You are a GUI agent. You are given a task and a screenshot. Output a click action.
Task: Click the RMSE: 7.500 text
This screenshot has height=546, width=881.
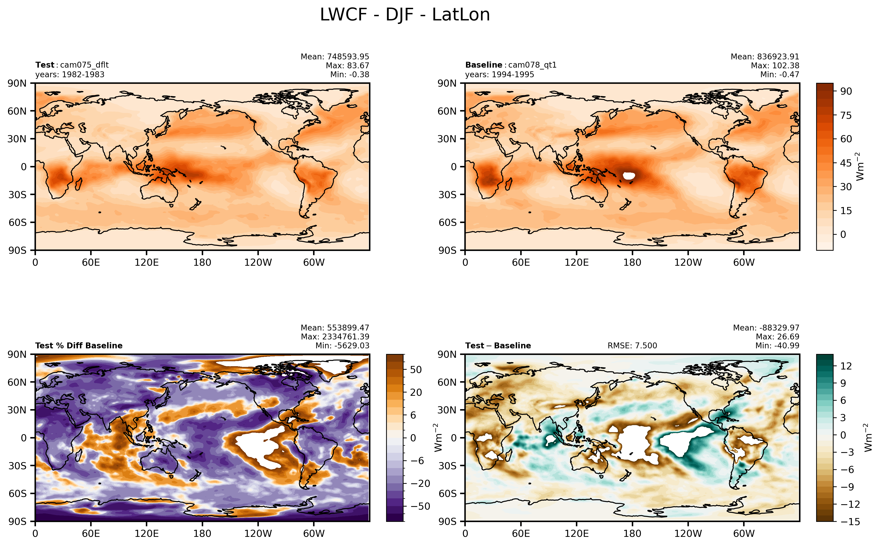(x=632, y=346)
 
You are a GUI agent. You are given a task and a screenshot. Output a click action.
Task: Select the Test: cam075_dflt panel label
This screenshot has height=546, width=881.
(x=72, y=65)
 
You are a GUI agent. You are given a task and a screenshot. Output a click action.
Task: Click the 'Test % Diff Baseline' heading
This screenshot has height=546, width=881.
(x=79, y=346)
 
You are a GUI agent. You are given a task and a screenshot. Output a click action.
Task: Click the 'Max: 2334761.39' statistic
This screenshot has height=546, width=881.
(x=335, y=337)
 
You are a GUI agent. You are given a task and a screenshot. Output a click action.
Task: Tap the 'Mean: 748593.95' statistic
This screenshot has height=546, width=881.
(x=335, y=57)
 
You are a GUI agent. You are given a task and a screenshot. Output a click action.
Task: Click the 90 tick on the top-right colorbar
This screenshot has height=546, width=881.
(x=846, y=91)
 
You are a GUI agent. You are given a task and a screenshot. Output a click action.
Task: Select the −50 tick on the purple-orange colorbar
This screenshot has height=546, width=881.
(x=420, y=506)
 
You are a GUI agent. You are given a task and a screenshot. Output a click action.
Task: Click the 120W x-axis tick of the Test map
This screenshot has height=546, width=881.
(x=258, y=262)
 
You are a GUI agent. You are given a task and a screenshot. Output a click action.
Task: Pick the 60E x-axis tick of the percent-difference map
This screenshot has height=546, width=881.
(x=91, y=533)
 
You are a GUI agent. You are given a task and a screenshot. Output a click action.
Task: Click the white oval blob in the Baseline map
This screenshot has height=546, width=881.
(x=629, y=176)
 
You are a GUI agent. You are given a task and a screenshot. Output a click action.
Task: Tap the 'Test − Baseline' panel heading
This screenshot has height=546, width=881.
(x=498, y=346)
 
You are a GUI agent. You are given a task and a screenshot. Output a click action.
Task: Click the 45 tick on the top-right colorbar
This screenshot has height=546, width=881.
(x=846, y=163)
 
